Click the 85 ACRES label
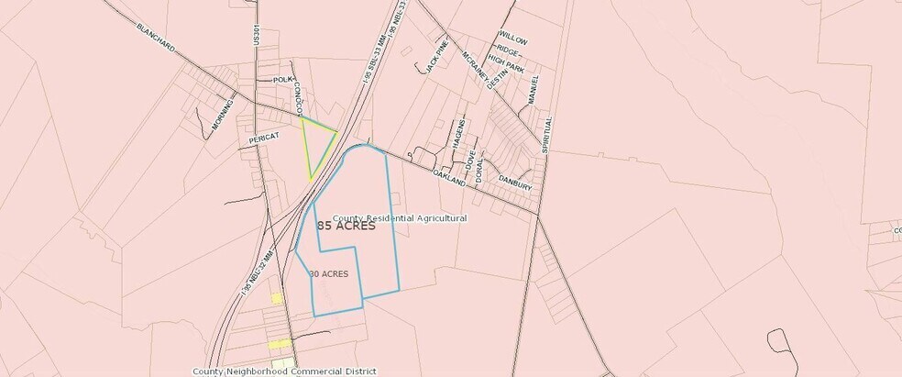click(x=346, y=226)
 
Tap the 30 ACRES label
click(x=328, y=274)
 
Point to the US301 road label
click(x=258, y=35)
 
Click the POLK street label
click(x=282, y=80)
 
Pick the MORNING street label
click(x=222, y=116)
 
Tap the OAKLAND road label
click(x=450, y=178)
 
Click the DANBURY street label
click(x=515, y=183)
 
